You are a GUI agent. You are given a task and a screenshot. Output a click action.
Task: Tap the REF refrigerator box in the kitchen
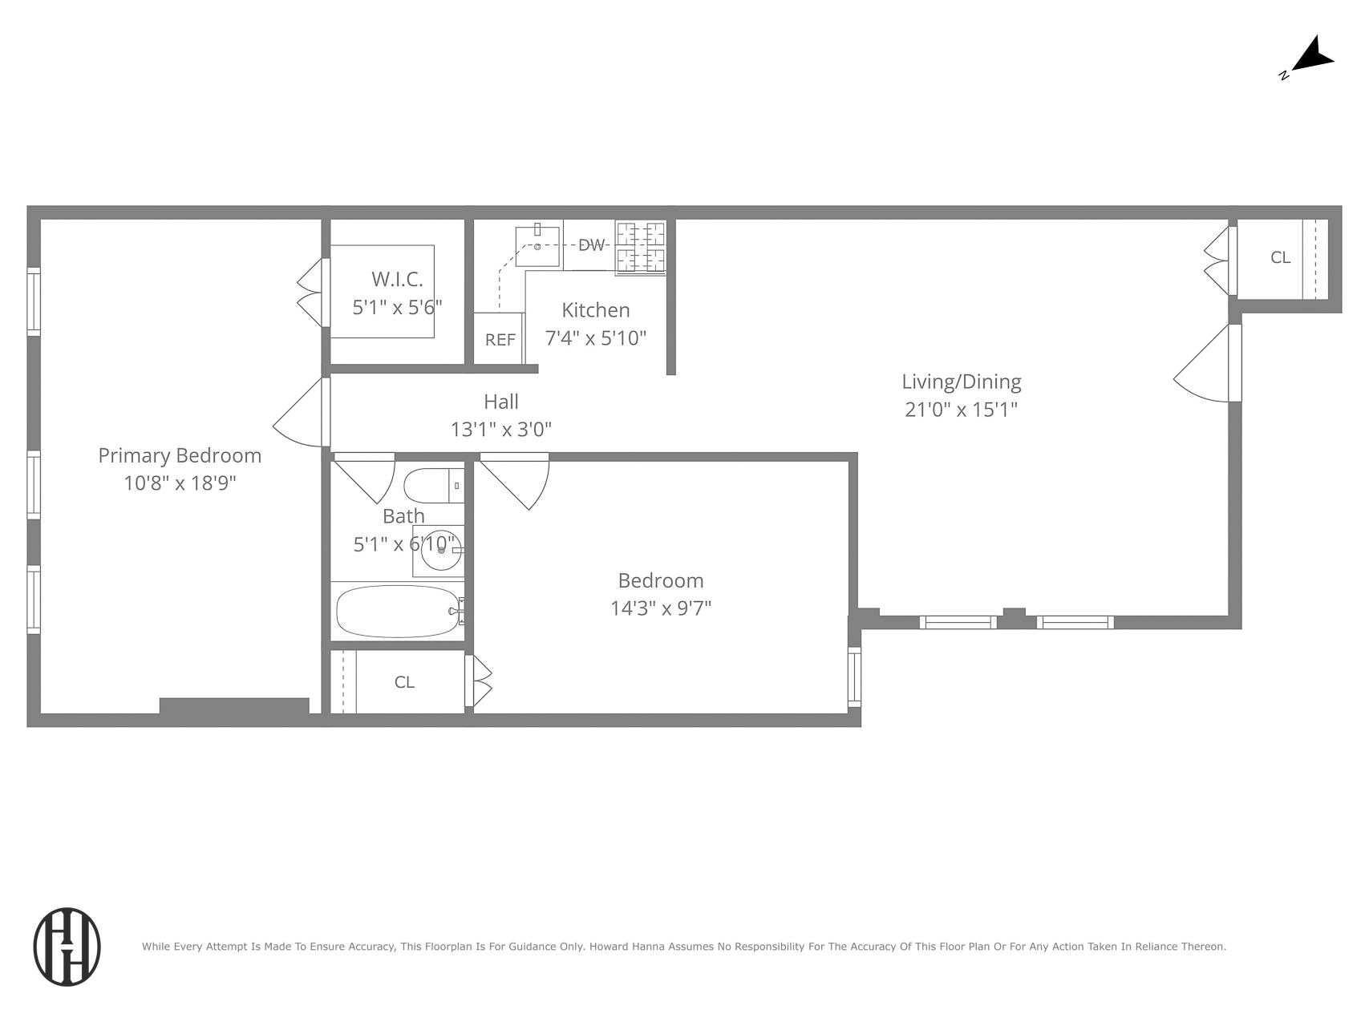[x=500, y=339]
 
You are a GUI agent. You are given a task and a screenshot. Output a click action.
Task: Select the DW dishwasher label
[x=591, y=245]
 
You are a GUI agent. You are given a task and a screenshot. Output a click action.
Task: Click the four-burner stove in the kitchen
[x=641, y=248]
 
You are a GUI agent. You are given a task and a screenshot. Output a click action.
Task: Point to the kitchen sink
[x=537, y=246]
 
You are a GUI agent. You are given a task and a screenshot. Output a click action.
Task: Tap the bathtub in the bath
[x=398, y=612]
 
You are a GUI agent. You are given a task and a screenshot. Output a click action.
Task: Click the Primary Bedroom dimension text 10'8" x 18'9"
[x=180, y=483]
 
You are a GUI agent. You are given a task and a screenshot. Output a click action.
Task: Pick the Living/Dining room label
[x=961, y=382]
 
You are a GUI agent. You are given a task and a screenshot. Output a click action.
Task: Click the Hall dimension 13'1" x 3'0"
[x=500, y=430]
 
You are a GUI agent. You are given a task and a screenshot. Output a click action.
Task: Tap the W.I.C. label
[x=397, y=279]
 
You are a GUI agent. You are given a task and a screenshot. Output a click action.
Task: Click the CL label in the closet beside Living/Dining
[x=1280, y=257]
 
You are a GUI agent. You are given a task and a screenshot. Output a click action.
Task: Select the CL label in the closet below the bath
[x=404, y=682]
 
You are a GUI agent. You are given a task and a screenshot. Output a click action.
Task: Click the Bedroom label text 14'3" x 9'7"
[x=661, y=608]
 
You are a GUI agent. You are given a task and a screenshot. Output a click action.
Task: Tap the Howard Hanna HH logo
[x=67, y=947]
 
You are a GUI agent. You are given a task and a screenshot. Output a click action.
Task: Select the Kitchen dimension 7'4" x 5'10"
[x=595, y=338]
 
